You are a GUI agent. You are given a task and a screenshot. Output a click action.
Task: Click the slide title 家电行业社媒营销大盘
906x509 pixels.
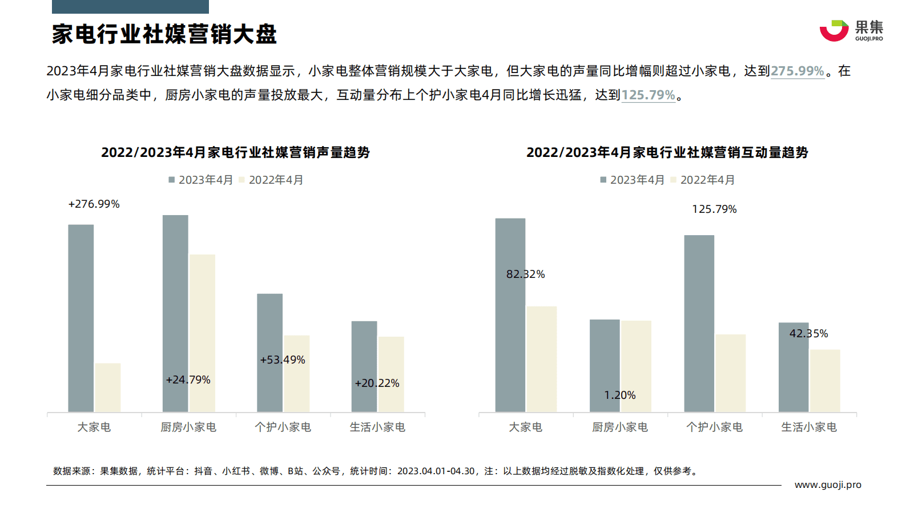(164, 34)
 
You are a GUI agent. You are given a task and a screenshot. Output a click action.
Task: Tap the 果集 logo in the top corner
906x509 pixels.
(851, 31)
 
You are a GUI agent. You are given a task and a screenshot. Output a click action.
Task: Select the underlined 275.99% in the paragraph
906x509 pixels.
(797, 71)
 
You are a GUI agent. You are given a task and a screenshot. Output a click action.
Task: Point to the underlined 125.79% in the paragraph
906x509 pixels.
(648, 95)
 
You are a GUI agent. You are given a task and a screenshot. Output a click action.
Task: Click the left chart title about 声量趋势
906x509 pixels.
(235, 152)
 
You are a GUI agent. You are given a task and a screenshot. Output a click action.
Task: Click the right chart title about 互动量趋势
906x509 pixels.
(667, 152)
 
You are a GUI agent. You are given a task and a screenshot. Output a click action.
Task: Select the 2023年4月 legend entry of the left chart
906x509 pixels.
(200, 180)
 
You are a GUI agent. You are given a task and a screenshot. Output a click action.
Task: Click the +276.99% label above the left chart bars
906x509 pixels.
(94, 204)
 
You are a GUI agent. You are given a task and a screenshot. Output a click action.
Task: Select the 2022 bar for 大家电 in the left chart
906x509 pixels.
(108, 387)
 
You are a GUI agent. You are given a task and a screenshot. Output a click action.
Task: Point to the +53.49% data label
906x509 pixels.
(283, 359)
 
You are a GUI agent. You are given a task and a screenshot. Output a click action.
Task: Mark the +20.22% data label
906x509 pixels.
(377, 383)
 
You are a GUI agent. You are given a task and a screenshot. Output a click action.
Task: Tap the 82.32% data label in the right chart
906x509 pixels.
(525, 274)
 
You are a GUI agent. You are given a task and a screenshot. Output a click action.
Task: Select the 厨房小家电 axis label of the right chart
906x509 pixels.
(619, 427)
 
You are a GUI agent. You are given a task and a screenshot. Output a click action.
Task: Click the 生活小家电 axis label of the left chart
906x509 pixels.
(377, 427)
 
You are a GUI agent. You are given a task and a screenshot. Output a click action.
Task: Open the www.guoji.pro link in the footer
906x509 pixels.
(828, 484)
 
